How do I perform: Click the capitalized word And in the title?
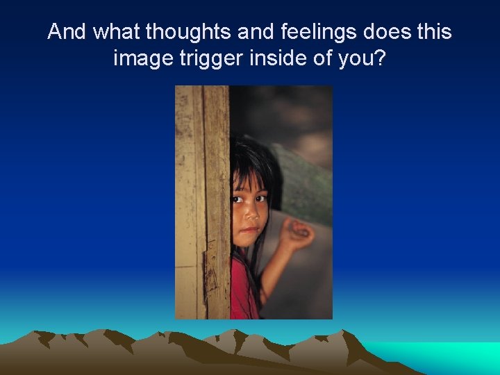[x=67, y=32]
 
